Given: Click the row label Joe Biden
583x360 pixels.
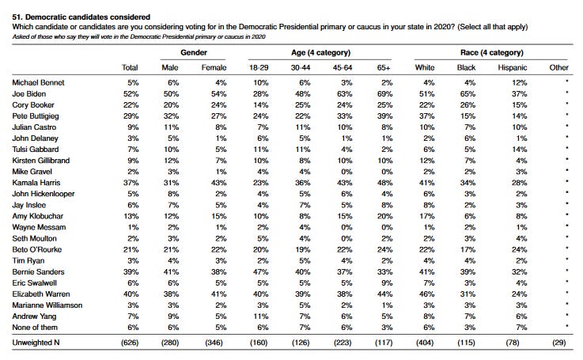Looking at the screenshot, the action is pyautogui.click(x=29, y=93).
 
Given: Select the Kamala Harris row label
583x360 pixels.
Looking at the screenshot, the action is pyautogui.click(x=36, y=183).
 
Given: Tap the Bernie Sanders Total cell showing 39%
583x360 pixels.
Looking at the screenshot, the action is pyautogui.click(x=131, y=272).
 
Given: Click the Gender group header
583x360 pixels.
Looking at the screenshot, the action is pyautogui.click(x=194, y=52).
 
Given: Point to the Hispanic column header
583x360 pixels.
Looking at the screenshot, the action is pyautogui.click(x=513, y=67).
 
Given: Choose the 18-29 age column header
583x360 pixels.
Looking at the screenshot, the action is pyautogui.click(x=259, y=67).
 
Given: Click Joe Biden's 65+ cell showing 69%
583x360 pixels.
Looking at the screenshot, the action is pyautogui.click(x=384, y=93).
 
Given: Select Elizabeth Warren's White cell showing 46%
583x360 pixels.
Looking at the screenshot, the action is pyautogui.click(x=427, y=294).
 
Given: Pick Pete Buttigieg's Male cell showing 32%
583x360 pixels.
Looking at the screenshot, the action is pyautogui.click(x=171, y=116).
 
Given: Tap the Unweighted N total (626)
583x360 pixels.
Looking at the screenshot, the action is pyautogui.click(x=130, y=342).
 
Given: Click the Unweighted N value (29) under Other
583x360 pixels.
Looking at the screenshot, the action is pyautogui.click(x=559, y=342).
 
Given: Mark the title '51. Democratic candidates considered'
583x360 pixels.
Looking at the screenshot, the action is pyautogui.click(x=81, y=17).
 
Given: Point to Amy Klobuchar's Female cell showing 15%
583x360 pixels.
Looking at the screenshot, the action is pyautogui.click(x=218, y=216).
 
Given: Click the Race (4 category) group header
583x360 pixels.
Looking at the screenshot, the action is pyautogui.click(x=492, y=52).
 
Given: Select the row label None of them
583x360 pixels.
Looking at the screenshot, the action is pyautogui.click(x=35, y=328).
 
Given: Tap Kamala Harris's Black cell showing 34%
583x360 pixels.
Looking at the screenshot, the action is pyautogui.click(x=468, y=183).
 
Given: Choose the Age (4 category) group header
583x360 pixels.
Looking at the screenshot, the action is pyautogui.click(x=321, y=52).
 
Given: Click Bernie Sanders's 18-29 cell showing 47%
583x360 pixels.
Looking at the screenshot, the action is pyautogui.click(x=260, y=272).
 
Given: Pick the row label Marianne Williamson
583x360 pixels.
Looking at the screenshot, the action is pyautogui.click(x=47, y=305).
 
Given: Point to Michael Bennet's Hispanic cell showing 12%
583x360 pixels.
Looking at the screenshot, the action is pyautogui.click(x=520, y=82).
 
